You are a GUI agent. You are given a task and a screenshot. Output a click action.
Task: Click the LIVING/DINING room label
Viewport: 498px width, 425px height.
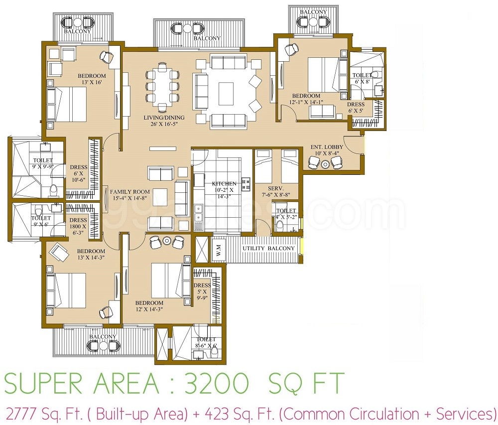(x=164, y=118)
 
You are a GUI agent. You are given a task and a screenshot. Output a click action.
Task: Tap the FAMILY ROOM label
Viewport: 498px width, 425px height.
(x=129, y=192)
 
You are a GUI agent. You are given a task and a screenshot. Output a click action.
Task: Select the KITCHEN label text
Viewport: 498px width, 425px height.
(x=224, y=183)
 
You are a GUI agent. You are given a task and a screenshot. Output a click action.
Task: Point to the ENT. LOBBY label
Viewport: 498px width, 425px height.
(x=327, y=147)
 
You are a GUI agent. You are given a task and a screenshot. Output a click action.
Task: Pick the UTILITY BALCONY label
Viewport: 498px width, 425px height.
(x=269, y=248)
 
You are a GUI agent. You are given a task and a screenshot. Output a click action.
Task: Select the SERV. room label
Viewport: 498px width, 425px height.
(x=273, y=188)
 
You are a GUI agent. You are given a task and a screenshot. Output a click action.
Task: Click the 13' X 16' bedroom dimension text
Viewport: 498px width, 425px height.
(x=92, y=82)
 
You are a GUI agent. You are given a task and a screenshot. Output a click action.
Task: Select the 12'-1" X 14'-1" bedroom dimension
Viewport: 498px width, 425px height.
(x=306, y=102)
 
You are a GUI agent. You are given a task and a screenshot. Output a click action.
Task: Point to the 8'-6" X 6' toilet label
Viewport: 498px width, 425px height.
(x=206, y=346)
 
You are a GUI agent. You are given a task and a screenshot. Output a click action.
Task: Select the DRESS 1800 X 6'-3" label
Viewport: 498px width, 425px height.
(x=78, y=226)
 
